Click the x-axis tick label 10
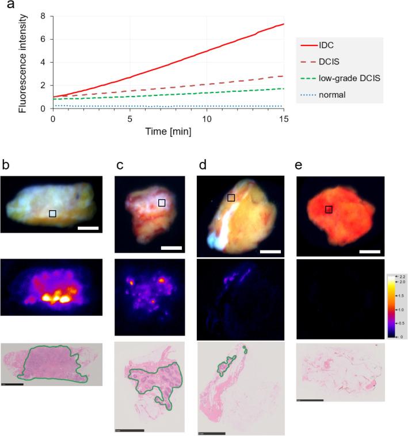tap(207, 118)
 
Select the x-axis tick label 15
tap(284, 118)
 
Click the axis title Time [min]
tap(168, 131)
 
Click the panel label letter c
tap(119, 167)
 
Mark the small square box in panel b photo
tap(52, 213)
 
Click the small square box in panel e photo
tap(329, 210)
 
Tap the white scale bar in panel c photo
tap(171, 248)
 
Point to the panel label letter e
tap(299, 167)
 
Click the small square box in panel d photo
tap(231, 198)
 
